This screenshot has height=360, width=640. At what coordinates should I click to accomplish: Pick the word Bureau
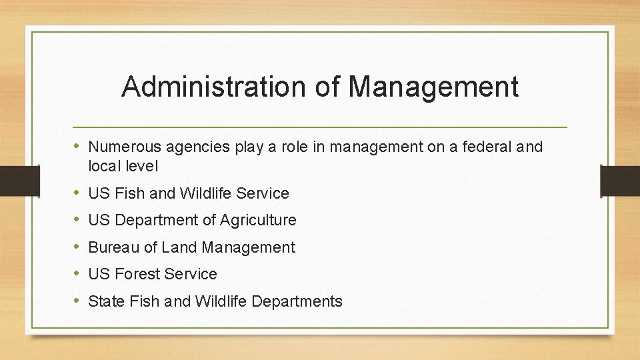[x=114, y=247]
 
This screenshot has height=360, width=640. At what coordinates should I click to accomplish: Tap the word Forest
[x=139, y=274]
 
